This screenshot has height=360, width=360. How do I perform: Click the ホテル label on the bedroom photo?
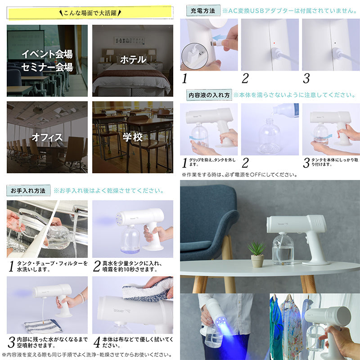133,59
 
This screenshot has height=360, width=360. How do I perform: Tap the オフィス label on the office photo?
47,137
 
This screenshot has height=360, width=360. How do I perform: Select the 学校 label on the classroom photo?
133,137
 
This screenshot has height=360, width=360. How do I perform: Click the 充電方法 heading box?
203,10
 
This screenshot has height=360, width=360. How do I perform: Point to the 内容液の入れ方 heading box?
209,95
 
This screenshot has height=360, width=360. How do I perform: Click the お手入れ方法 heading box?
28,190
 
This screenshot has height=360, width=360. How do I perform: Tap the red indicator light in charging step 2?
274,43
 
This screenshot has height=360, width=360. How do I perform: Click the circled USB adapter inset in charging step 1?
195,56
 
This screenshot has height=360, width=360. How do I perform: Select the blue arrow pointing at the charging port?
220,38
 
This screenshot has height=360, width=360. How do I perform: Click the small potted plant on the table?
257,254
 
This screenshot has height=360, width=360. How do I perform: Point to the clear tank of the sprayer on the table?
283,249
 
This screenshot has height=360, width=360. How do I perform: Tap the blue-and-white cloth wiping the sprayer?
148,290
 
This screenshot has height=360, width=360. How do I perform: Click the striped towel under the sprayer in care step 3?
43,326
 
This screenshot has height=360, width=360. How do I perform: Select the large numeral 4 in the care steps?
97,342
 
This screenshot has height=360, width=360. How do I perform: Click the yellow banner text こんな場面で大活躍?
90,13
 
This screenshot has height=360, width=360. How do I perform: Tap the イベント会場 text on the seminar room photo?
47,54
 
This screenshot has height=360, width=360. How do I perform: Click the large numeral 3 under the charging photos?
306,78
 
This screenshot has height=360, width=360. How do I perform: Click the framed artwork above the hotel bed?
130,40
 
